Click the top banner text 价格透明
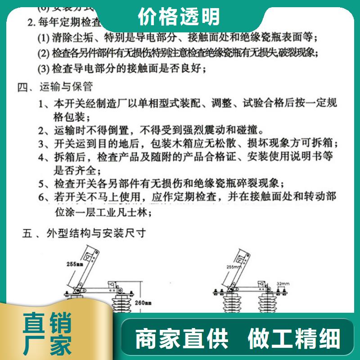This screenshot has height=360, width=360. [x=179, y=17]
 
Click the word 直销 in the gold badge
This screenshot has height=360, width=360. [x=47, y=325]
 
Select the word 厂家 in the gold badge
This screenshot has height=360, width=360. [x=47, y=346]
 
